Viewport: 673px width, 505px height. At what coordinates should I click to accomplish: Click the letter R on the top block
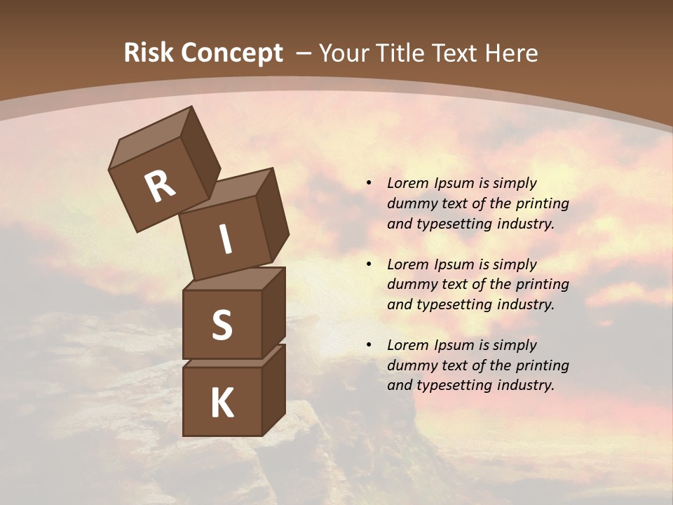(x=160, y=186)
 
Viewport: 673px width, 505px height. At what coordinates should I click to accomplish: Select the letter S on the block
(x=222, y=325)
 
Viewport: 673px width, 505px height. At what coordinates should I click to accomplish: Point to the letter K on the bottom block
(x=222, y=403)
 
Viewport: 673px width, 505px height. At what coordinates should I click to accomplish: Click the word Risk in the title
(x=148, y=53)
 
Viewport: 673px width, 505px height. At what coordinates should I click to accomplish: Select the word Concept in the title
(x=231, y=53)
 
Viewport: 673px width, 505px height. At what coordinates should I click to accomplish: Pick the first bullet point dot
(x=369, y=183)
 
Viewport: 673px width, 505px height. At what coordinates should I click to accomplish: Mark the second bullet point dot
(x=369, y=264)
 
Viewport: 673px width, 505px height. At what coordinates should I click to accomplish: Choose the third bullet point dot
(x=369, y=345)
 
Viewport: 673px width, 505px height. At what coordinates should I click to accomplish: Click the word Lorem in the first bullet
(x=407, y=183)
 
